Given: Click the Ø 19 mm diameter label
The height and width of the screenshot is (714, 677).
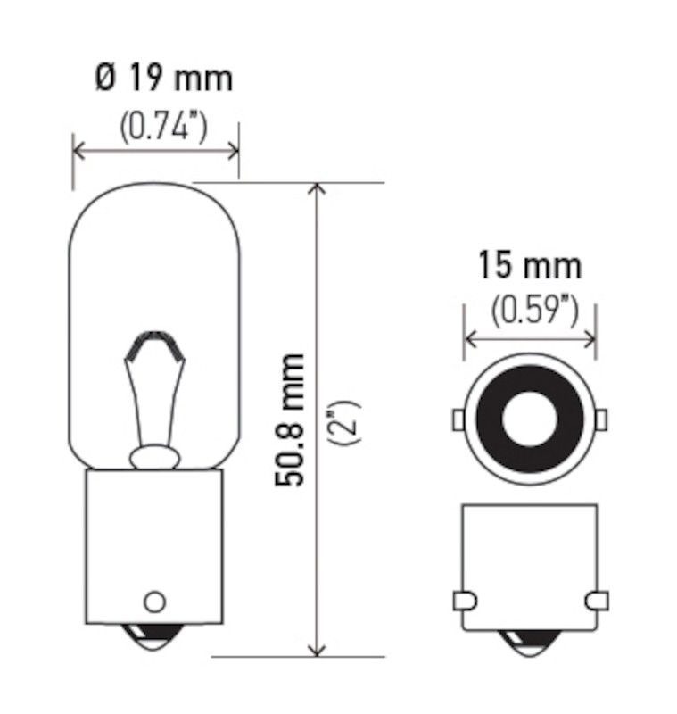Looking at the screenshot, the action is point(164,78).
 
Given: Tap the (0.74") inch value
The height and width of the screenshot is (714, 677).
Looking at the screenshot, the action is point(163,126).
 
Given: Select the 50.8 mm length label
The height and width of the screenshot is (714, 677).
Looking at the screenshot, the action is point(289,419).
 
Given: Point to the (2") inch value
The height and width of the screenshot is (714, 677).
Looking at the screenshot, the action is point(344,422).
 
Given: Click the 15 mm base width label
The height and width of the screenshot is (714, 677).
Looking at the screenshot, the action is point(530,265).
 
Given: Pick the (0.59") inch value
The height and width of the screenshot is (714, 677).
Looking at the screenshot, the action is point(534,311).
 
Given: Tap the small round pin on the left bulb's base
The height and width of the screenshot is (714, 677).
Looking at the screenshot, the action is point(154,602).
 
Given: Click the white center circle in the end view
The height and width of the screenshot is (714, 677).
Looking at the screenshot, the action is point(530,419).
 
